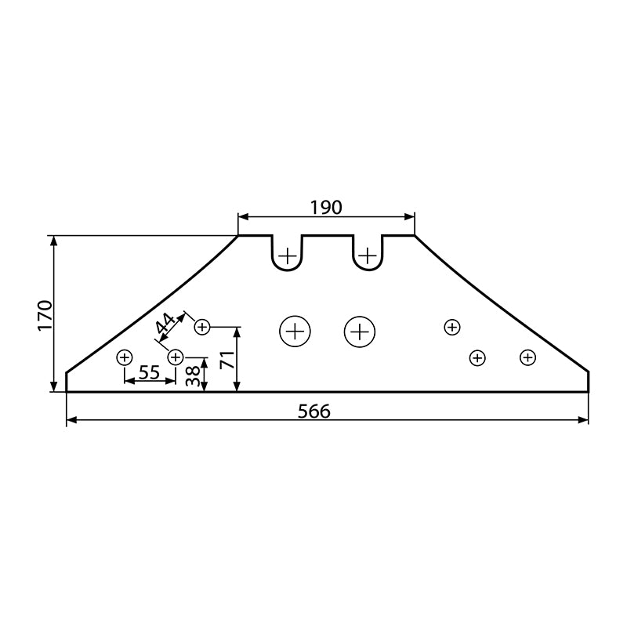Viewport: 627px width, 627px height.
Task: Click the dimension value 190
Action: tap(326, 208)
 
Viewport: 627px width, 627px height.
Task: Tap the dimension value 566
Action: tap(314, 411)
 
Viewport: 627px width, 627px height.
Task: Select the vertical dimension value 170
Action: tap(45, 316)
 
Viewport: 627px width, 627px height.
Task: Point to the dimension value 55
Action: tap(149, 373)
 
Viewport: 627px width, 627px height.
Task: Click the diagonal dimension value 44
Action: tap(165, 324)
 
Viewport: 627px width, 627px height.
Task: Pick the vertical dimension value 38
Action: tap(193, 376)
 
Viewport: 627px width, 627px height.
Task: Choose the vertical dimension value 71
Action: tap(227, 360)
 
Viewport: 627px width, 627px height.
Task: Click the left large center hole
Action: tap(295, 332)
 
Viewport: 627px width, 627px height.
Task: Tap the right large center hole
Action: tap(360, 332)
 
